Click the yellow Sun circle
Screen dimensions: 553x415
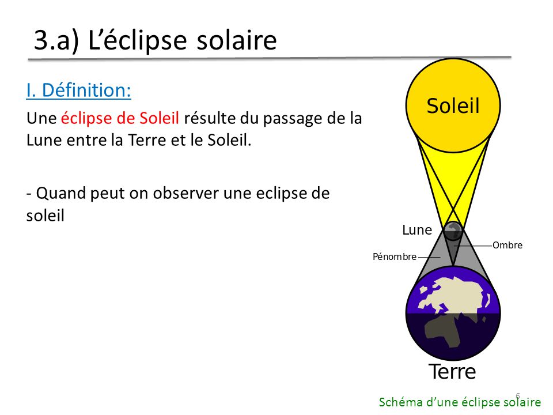453,105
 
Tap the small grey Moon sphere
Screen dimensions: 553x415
453,231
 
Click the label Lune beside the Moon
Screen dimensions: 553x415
417,230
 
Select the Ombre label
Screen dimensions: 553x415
507,245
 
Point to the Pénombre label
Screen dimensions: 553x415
395,256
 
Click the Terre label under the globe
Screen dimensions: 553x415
453,372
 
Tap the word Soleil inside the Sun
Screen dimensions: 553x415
453,105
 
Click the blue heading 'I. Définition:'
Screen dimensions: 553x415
79,90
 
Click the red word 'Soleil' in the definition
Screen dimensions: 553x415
160,118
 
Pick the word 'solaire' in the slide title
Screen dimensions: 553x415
237,40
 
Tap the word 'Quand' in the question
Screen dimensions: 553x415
60,194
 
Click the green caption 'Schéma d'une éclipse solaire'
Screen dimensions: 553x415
460,402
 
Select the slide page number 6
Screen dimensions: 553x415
518,395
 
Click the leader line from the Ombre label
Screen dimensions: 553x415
474,246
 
